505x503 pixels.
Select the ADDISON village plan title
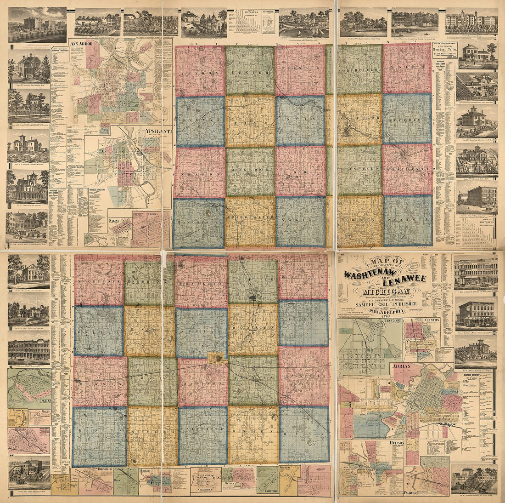(x=320, y=469)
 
